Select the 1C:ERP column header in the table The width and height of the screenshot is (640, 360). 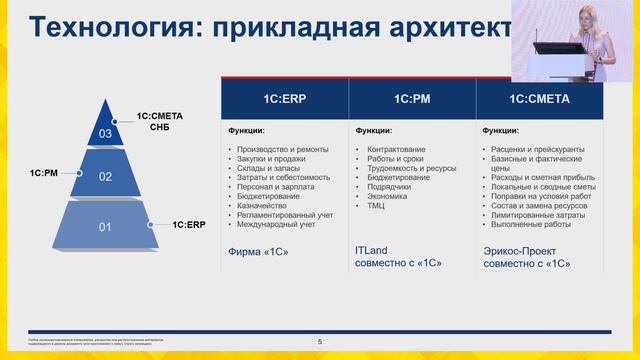click(284, 99)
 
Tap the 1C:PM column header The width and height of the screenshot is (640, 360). click(412, 99)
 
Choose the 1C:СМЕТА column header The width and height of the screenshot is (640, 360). click(540, 99)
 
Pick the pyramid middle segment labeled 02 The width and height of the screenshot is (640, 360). click(105, 175)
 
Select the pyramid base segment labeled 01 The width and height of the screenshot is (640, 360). click(105, 227)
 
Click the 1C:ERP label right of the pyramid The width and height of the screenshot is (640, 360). click(188, 225)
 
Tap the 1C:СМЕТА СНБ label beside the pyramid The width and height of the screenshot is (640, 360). click(160, 121)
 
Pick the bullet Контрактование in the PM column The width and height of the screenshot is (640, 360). click(393, 150)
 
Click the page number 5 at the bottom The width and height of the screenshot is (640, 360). click(319, 342)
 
